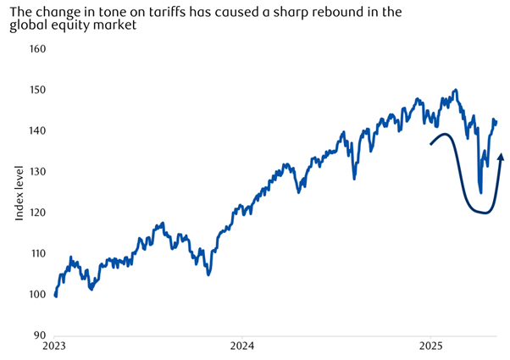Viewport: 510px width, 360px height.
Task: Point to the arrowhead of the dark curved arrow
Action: (x=501, y=156)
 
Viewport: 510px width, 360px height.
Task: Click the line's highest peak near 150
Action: (x=456, y=90)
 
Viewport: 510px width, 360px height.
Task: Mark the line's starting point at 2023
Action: (x=55, y=296)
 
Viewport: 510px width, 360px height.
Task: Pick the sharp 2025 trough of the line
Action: (x=480, y=192)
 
